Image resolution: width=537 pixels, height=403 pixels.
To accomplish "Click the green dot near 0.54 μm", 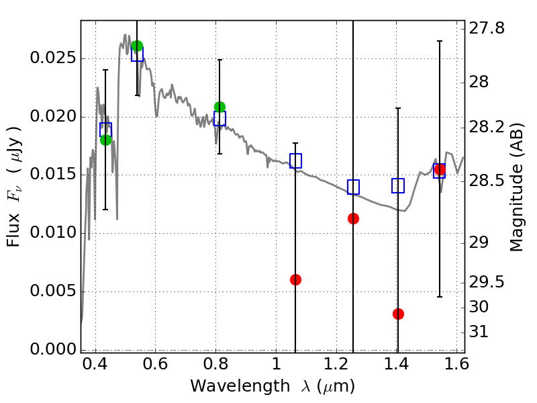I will coord(137,46).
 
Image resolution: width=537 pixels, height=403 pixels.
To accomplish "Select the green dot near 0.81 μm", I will coord(219,107).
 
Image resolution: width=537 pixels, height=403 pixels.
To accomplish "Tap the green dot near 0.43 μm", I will coord(105,140).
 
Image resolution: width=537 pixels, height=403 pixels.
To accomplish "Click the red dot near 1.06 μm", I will coord(295,279).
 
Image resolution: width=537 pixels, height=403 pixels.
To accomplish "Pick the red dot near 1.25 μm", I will coord(353,218).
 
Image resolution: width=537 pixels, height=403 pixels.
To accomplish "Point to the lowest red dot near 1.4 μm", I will coord(398,314).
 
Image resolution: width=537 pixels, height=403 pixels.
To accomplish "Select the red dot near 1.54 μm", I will coord(440,169).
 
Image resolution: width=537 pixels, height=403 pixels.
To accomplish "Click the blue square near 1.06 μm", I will coord(295,161).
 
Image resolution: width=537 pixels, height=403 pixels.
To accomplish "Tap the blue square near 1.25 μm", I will coord(353,187).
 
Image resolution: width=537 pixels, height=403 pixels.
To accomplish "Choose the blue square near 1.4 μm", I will coord(398,185).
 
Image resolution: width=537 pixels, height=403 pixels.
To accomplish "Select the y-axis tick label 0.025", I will coord(53,58).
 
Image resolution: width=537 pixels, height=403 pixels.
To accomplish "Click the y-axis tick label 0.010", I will coord(53,233).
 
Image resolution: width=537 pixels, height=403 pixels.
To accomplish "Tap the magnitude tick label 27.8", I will coord(487,29).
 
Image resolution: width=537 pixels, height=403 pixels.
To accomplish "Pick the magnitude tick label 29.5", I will coord(487,282).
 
